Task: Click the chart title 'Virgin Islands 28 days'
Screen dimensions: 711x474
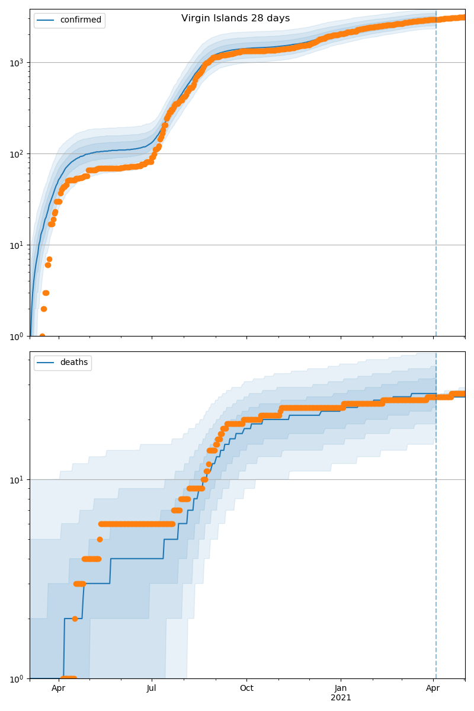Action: pos(235,18)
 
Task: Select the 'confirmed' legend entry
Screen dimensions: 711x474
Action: pos(81,20)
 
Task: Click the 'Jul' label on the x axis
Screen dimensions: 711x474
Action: pos(152,688)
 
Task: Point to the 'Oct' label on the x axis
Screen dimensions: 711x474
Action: pos(246,688)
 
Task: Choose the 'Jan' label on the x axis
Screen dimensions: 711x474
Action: pos(341,688)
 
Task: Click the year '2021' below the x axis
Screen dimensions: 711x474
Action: pos(341,698)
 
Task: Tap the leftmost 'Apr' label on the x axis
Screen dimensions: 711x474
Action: pos(58,688)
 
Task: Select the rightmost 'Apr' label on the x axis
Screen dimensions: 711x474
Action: pos(433,688)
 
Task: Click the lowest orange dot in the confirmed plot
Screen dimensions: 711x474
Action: pos(42,336)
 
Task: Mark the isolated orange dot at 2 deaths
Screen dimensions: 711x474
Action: pos(75,619)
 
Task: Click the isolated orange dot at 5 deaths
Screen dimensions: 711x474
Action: pos(100,539)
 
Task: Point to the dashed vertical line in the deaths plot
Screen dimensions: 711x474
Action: pos(436,533)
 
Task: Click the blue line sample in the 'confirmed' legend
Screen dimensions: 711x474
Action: pos(46,20)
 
